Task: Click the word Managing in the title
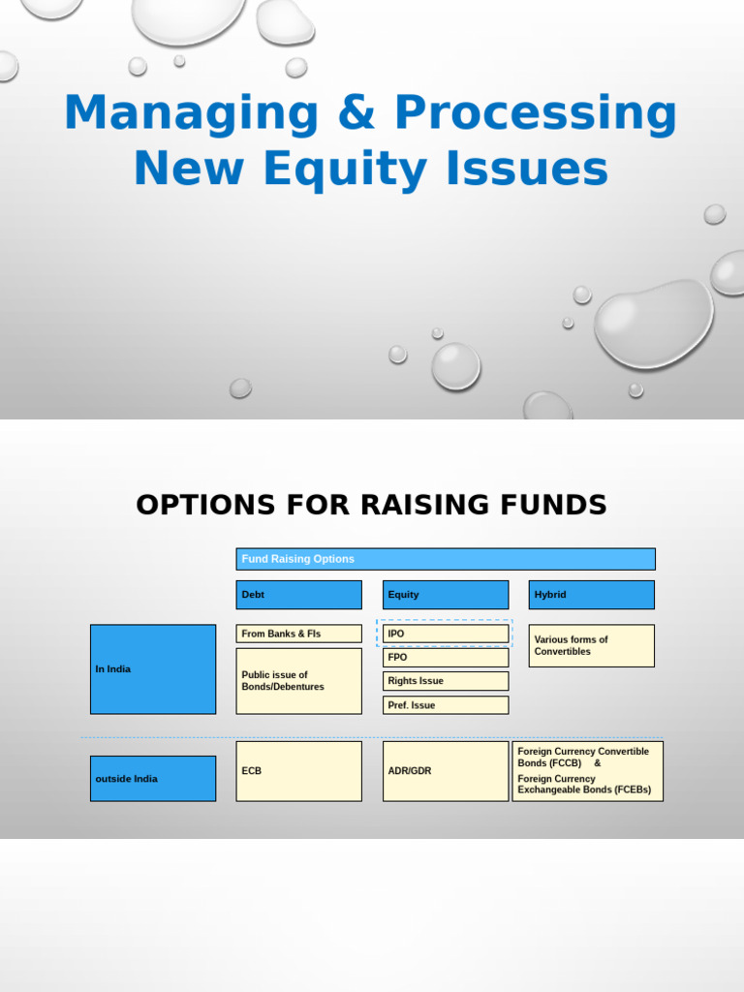pyautogui.click(x=191, y=114)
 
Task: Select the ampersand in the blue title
pyautogui.click(x=356, y=114)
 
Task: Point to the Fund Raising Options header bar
pyautogui.click(x=446, y=559)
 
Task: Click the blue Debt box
pyautogui.click(x=298, y=595)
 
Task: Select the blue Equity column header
pyautogui.click(x=445, y=595)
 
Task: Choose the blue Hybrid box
pyautogui.click(x=592, y=595)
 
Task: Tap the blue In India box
pyautogui.click(x=153, y=669)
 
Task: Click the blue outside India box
pyautogui.click(x=153, y=779)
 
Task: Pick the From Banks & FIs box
pyautogui.click(x=298, y=634)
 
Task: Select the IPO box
pyautogui.click(x=445, y=634)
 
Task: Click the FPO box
pyautogui.click(x=445, y=657)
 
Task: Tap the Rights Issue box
pyautogui.click(x=445, y=681)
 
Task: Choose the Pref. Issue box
pyautogui.click(x=445, y=705)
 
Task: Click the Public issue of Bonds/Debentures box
pyautogui.click(x=298, y=681)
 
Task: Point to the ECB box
pyautogui.click(x=298, y=771)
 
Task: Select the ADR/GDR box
pyautogui.click(x=445, y=771)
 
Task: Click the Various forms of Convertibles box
pyautogui.click(x=592, y=646)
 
